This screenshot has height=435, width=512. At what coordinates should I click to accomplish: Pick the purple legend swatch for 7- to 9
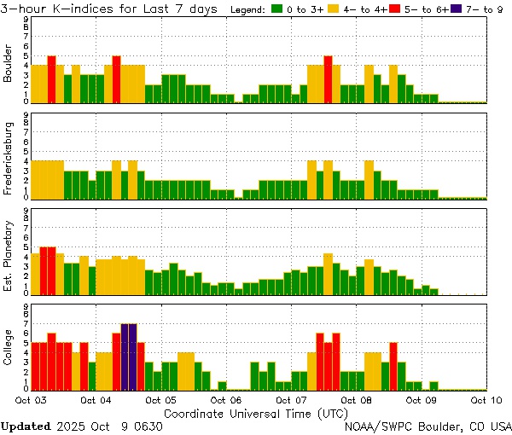click(x=454, y=9)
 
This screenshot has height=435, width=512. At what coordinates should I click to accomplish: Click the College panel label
click(x=9, y=345)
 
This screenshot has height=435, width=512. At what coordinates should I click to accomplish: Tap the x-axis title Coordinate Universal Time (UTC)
click(x=256, y=412)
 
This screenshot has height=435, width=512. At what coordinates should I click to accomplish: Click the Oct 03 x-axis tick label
click(x=31, y=399)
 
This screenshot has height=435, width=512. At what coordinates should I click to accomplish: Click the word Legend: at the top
click(x=248, y=9)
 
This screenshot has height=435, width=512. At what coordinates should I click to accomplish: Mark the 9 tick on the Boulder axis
click(x=26, y=18)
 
